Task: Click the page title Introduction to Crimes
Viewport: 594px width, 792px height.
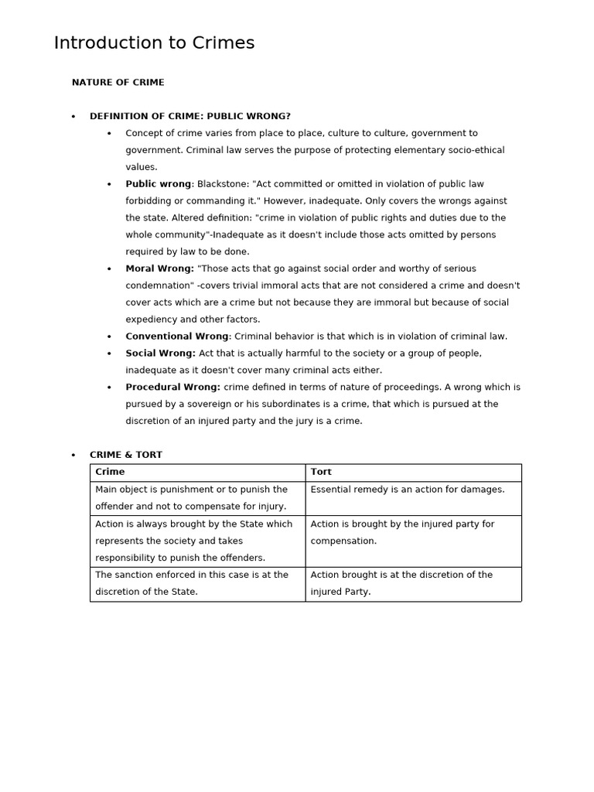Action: coord(154,43)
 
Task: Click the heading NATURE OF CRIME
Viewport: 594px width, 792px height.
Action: coord(118,82)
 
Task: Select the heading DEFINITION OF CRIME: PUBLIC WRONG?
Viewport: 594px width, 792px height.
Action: coord(189,116)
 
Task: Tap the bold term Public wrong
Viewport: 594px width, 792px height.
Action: coord(158,184)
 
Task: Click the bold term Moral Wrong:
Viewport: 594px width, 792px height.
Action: coord(159,268)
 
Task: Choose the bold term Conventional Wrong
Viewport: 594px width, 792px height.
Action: coord(177,336)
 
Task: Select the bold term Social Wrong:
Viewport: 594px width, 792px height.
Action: coord(160,353)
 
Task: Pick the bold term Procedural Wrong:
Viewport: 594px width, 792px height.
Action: coord(172,387)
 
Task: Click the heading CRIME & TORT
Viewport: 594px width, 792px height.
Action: coord(125,455)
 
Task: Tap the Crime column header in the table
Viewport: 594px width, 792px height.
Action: coord(110,472)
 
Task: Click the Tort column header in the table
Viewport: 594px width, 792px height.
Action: coord(321,472)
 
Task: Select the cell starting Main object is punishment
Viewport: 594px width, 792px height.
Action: coord(197,498)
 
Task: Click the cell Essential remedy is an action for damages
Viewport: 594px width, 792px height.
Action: coord(407,490)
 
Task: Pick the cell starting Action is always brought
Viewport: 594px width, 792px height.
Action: coord(197,541)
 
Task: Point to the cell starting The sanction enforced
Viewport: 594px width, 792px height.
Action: coord(197,583)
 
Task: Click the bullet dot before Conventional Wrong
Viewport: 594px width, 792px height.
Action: coord(109,337)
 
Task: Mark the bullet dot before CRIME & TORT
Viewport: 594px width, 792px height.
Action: coord(73,456)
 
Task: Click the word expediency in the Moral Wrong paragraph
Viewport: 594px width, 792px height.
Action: coord(154,319)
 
